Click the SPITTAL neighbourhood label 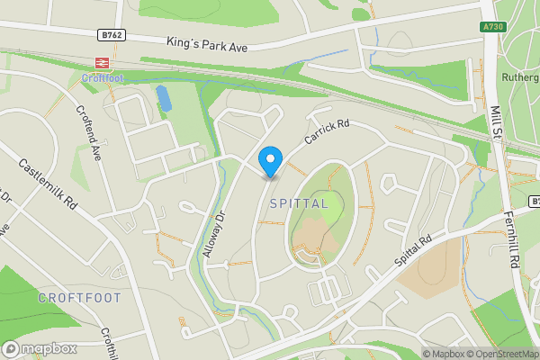pyautogui.click(x=298, y=204)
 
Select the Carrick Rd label pyautogui.click(x=325, y=134)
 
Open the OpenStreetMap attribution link pyautogui.click(x=499, y=354)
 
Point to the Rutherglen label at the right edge pyautogui.click(x=521, y=77)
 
